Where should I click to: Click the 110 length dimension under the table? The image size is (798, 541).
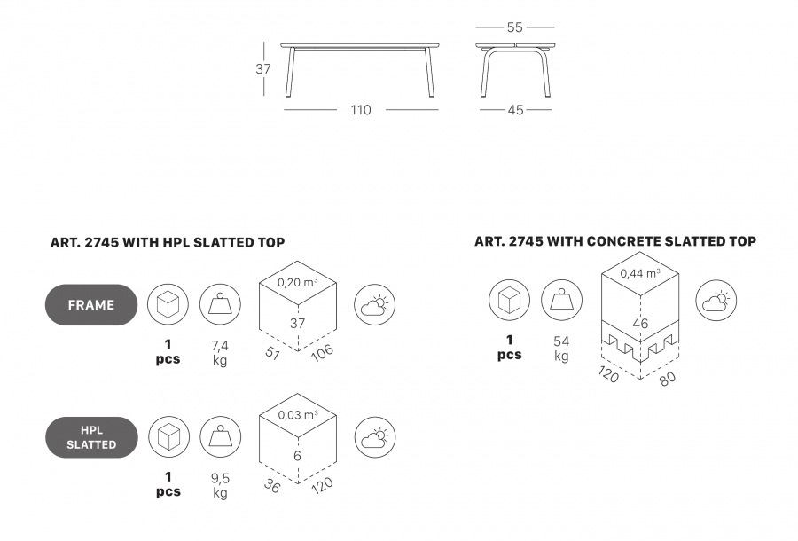click(x=361, y=110)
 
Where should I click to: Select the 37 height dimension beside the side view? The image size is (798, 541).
click(x=263, y=68)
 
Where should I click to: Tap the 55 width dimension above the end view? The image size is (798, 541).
click(x=515, y=27)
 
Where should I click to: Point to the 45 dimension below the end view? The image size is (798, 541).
click(x=515, y=110)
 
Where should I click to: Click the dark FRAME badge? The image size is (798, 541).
click(x=91, y=305)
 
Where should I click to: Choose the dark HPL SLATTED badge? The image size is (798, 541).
click(x=91, y=437)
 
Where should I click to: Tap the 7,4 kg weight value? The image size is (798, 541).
click(x=220, y=353)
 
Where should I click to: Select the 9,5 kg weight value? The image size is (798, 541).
click(x=221, y=485)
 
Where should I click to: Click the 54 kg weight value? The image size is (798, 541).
click(x=561, y=349)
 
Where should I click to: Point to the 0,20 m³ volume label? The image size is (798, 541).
click(x=298, y=282)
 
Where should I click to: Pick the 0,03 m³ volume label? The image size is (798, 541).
click(x=298, y=415)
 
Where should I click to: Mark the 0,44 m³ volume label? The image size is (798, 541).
click(x=640, y=273)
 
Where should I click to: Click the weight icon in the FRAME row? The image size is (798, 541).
click(x=220, y=305)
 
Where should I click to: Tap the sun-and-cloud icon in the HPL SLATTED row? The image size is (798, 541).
click(x=375, y=437)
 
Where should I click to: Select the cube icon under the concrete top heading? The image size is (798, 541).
click(x=510, y=301)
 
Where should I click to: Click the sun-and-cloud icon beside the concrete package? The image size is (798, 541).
click(x=716, y=301)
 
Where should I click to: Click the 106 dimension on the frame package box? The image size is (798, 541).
click(x=322, y=353)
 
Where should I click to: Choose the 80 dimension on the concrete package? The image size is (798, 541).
click(x=668, y=378)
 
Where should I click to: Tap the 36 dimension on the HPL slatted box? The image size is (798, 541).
click(x=272, y=486)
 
